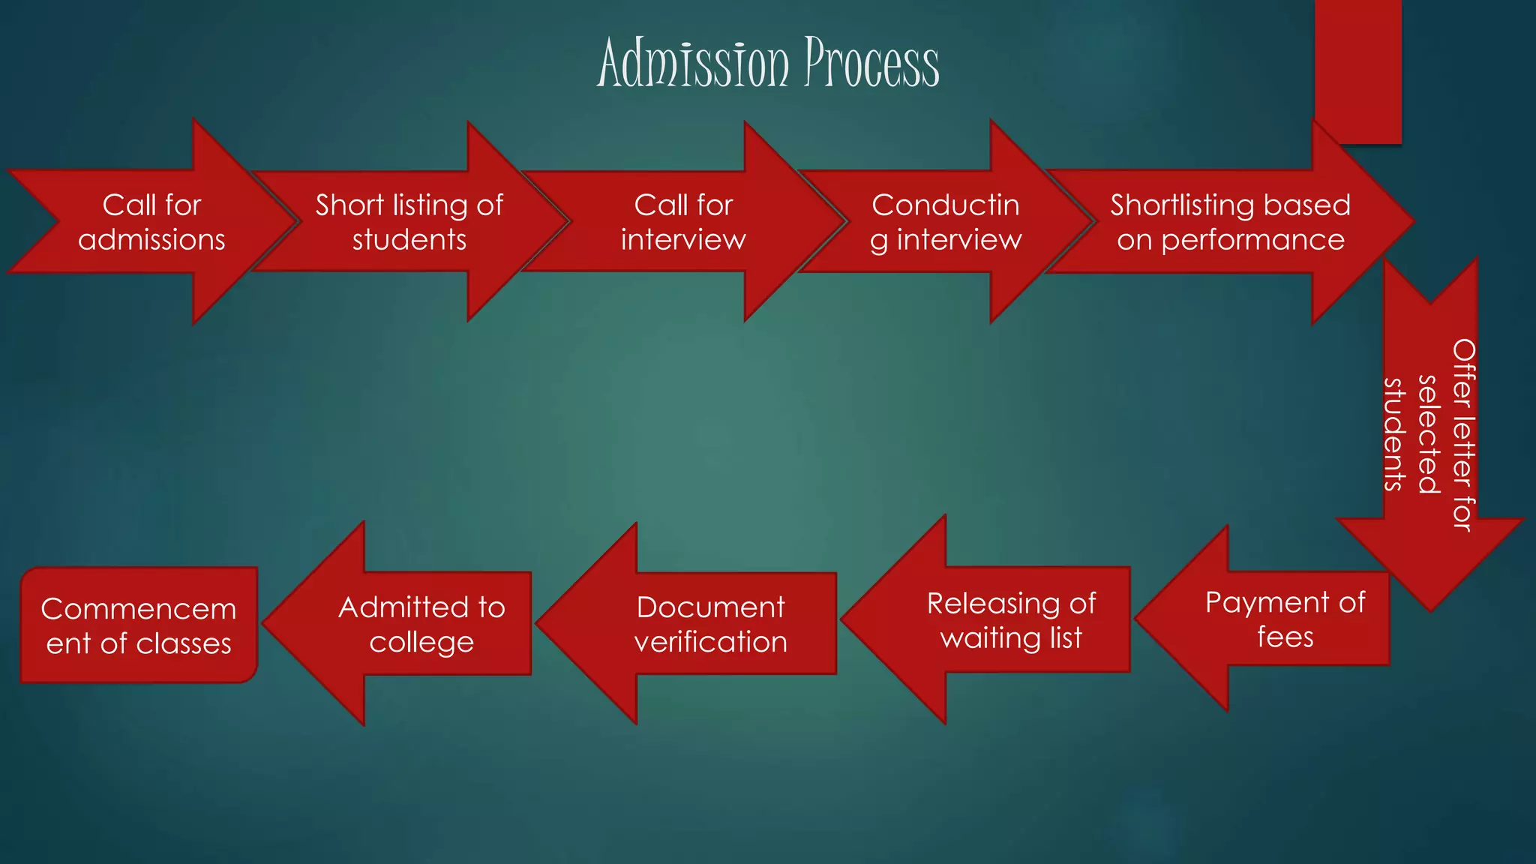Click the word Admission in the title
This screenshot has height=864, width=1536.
coord(693,63)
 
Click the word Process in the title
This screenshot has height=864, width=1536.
coord(871,63)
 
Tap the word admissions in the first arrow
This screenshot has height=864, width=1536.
coord(151,240)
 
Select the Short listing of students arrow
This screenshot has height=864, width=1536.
coord(409,222)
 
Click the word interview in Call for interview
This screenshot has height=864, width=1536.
coord(682,240)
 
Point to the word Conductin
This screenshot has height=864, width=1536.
coord(945,205)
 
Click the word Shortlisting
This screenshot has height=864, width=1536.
coord(1171,205)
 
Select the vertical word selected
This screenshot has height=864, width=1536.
coord(1429,434)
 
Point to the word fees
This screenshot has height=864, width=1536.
coord(1285,637)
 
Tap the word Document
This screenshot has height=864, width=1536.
coord(710,607)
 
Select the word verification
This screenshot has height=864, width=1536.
coord(710,642)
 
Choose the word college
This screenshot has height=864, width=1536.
coord(421,642)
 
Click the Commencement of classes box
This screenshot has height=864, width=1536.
coord(139,625)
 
